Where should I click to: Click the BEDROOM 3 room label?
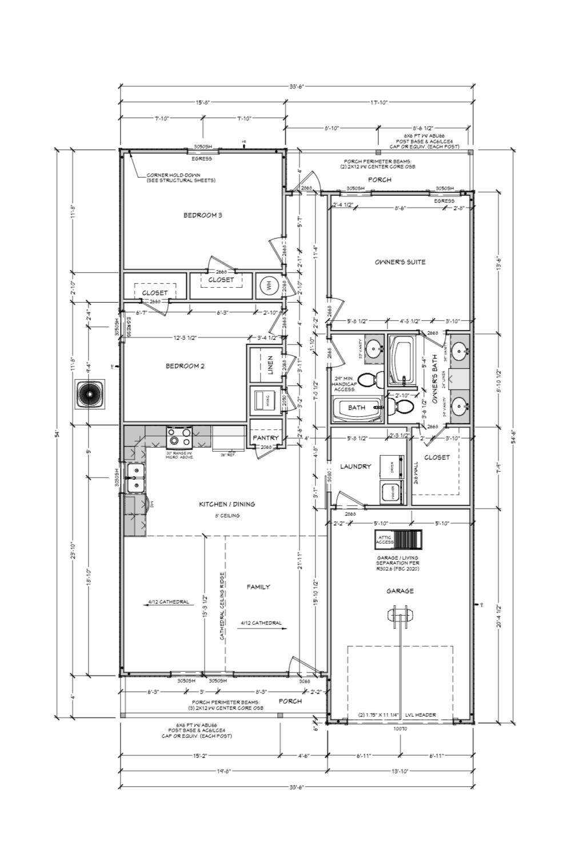click(202, 215)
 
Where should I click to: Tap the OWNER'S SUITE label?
click(400, 262)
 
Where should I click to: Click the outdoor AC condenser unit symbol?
click(90, 395)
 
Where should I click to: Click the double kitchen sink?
click(135, 478)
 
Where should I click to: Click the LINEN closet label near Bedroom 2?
click(270, 363)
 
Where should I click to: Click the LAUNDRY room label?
click(356, 467)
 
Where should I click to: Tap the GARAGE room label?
click(400, 591)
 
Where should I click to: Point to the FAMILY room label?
click(258, 587)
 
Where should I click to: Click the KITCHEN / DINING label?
click(227, 504)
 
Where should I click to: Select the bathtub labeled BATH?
click(357, 408)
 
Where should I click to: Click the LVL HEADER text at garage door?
click(421, 715)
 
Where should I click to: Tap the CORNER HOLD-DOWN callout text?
click(181, 178)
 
